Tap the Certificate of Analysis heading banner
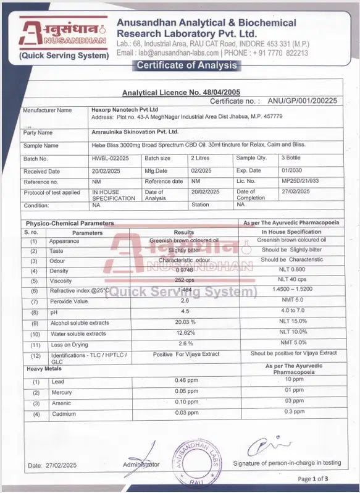point(186,66)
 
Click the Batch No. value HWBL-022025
point(111,159)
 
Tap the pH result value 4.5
point(185,311)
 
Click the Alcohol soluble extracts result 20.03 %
point(185,322)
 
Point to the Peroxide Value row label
point(69,301)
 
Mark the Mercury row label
point(61,392)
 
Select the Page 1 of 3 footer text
point(313,479)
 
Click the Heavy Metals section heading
point(43,369)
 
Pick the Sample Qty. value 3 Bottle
point(290,159)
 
